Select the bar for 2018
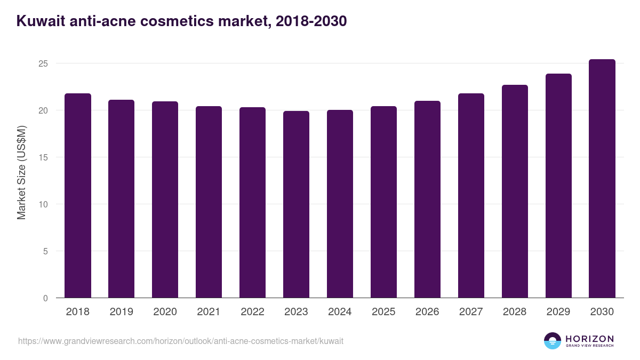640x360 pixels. [x=78, y=196]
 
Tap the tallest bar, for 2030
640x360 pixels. [x=602, y=179]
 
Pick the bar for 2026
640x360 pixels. [x=428, y=199]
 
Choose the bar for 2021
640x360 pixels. [x=209, y=202]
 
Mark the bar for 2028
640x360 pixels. [x=515, y=191]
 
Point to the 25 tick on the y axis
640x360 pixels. [x=43, y=63]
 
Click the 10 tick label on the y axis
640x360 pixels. [x=43, y=204]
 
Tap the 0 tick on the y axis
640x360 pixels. [x=45, y=298]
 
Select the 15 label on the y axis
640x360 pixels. [x=43, y=157]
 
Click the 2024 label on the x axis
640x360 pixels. [x=340, y=312]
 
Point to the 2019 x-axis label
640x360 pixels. [x=121, y=312]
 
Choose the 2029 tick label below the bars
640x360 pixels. [x=558, y=312]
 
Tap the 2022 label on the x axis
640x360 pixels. [x=252, y=312]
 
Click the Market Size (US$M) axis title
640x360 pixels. [x=21, y=172]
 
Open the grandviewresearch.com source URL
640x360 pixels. [x=180, y=341]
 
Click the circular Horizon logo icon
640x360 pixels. [x=553, y=341]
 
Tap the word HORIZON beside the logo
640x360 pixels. [x=589, y=338]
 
